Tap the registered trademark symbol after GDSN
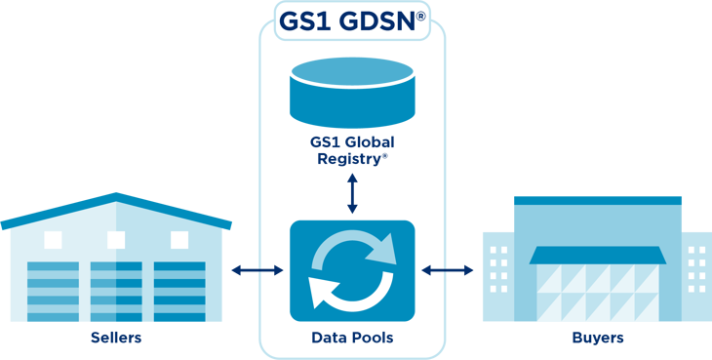420,18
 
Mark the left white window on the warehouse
53,239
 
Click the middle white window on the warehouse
116,239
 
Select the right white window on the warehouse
179,239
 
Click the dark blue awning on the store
598,256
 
